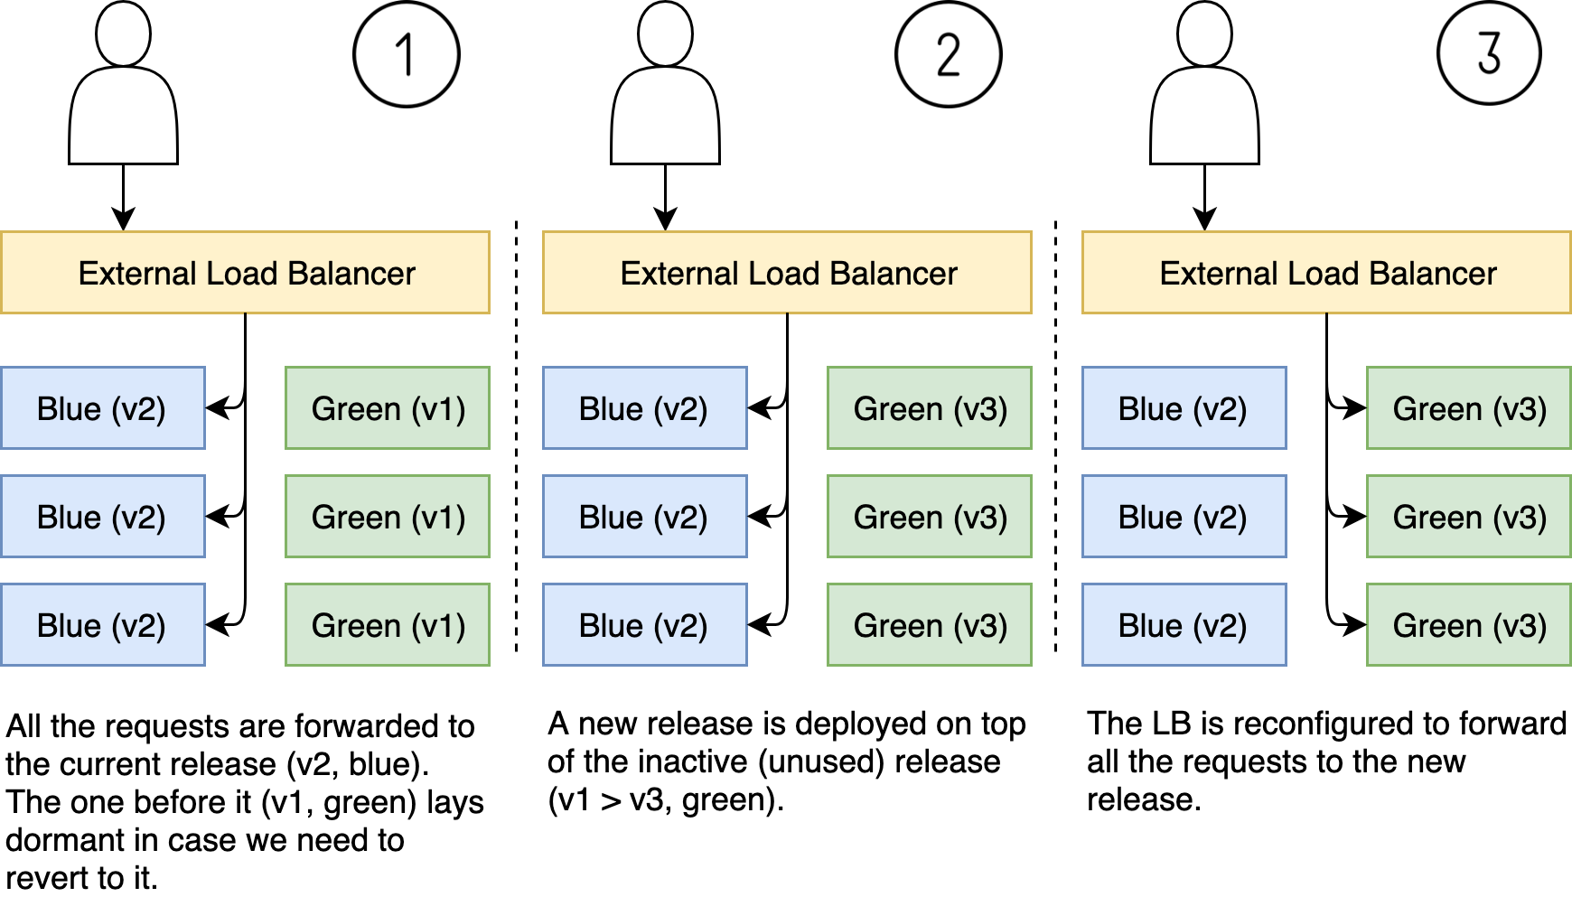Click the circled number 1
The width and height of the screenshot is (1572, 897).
click(x=406, y=54)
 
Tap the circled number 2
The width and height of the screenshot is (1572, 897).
click(x=948, y=54)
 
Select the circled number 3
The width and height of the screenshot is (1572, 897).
click(x=1489, y=52)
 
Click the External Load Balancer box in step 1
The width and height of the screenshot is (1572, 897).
click(x=245, y=273)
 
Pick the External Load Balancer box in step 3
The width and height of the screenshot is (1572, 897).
click(x=1326, y=273)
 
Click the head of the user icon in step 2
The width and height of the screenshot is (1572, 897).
click(x=665, y=33)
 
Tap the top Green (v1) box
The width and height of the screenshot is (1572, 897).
click(x=388, y=408)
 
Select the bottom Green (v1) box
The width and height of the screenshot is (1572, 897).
click(x=388, y=625)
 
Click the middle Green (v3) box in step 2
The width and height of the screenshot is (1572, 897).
click(x=930, y=517)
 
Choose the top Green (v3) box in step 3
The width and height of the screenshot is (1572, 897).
click(x=1469, y=408)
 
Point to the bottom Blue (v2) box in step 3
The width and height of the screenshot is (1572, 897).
click(x=1184, y=625)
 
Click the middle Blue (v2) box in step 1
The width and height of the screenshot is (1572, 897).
click(x=102, y=517)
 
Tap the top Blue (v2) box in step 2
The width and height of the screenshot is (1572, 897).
click(x=644, y=408)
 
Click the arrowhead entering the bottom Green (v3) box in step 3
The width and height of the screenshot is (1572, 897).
click(x=1355, y=624)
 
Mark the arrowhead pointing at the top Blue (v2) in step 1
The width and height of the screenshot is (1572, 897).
click(x=217, y=408)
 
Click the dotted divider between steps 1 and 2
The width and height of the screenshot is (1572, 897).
click(x=516, y=434)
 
